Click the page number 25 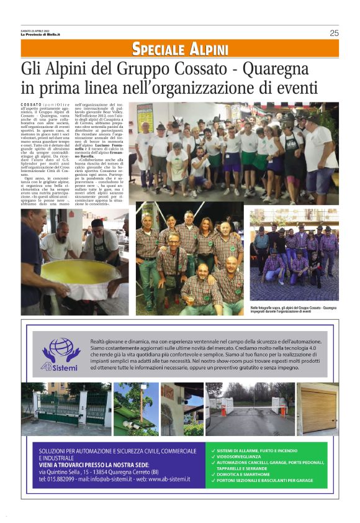334,33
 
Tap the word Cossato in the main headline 201,67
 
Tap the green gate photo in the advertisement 65,409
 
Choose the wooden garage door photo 318,409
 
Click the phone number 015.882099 61,479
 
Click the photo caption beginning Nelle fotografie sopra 294,309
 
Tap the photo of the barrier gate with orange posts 250,409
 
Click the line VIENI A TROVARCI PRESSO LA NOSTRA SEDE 94,464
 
